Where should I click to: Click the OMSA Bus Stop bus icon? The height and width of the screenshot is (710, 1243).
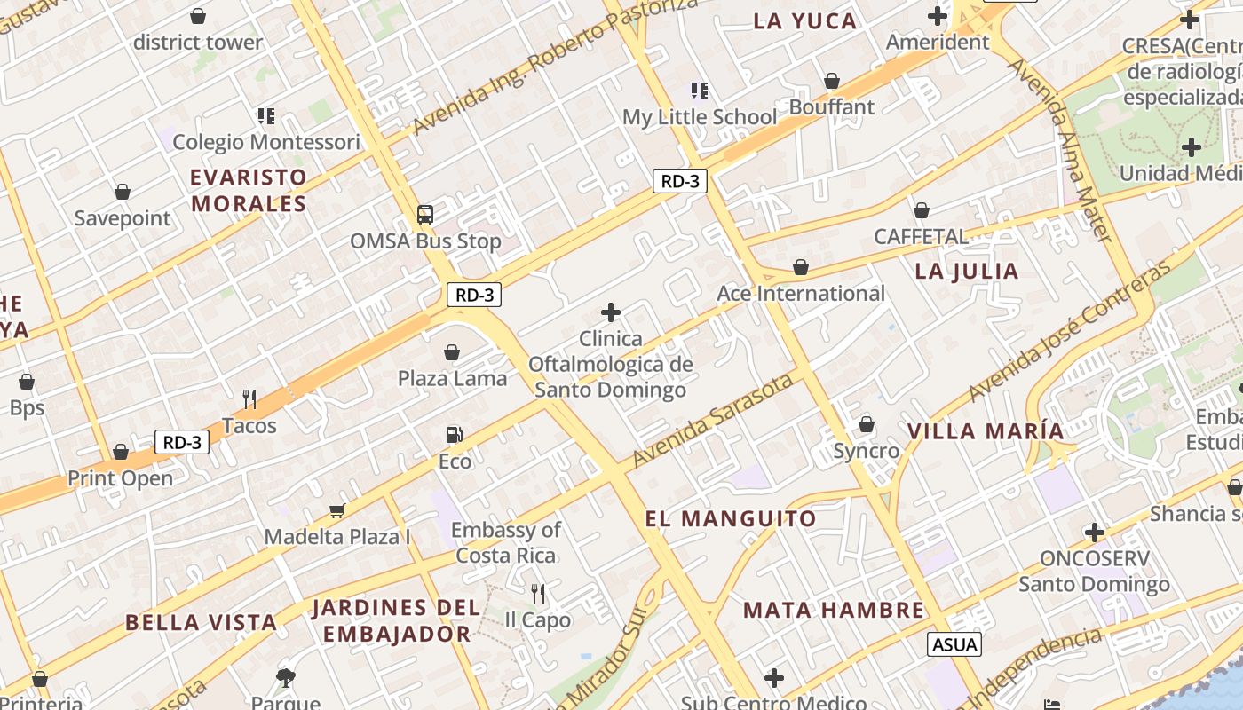tap(425, 214)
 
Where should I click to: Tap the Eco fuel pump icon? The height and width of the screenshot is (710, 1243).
tap(454, 435)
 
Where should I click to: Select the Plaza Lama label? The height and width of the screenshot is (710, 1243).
tap(452, 378)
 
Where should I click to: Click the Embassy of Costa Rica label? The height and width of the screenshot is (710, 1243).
tap(506, 543)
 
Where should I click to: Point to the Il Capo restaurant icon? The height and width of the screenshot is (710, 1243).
tap(537, 593)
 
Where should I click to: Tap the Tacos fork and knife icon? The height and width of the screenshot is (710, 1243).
tap(249, 398)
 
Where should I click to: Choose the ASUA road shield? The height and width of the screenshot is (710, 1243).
tap(954, 644)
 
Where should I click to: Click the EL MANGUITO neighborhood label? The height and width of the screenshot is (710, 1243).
tap(731, 519)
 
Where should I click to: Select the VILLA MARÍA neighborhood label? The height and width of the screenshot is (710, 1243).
tap(985, 431)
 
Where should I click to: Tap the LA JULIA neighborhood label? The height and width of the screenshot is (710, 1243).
tap(967, 272)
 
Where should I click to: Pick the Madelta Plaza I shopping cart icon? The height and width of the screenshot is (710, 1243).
tap(336, 510)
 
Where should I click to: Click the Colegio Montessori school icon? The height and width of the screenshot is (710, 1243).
tap(265, 115)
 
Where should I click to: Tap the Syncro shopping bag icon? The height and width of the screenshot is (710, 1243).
tap(866, 424)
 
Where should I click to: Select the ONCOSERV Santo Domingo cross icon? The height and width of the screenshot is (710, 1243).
tap(1095, 532)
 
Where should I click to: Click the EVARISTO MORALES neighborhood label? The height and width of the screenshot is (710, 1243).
tap(249, 191)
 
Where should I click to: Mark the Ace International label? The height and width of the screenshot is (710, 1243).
tap(801, 294)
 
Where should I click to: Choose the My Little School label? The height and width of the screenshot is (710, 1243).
tap(700, 117)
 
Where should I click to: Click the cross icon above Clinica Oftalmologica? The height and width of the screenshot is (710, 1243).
tap(611, 312)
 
